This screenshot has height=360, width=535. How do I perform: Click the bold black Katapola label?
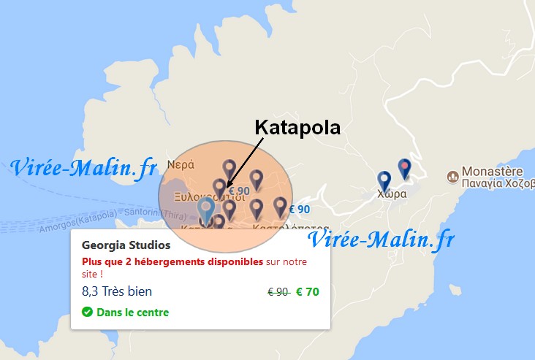(297, 127)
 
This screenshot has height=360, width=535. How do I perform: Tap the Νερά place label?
(181, 164)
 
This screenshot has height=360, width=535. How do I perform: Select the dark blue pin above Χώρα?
(384, 180)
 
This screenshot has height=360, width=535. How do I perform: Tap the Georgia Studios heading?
(126, 245)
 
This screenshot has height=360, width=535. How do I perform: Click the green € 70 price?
(307, 292)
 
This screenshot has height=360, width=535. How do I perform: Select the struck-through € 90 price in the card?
(278, 292)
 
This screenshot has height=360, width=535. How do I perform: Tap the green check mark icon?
(88, 313)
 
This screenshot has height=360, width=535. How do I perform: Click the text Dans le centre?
(132, 313)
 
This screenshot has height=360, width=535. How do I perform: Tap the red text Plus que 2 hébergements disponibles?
(172, 261)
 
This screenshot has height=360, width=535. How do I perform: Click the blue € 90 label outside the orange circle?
(300, 210)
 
